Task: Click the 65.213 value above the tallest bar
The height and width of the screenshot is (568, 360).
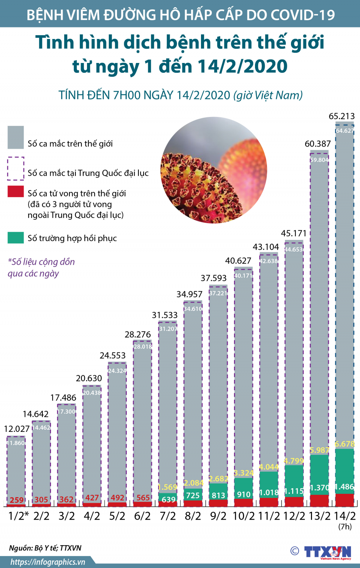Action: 341,116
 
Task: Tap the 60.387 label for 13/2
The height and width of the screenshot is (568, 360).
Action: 318,144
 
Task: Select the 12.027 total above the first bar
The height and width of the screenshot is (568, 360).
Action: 16,429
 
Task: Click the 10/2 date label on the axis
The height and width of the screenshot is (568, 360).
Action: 243,516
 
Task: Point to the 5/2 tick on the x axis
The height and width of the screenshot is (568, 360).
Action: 117,516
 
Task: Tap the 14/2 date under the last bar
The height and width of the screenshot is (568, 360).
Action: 345,516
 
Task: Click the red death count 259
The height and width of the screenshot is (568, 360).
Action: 16,500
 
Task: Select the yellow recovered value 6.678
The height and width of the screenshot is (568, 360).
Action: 345,444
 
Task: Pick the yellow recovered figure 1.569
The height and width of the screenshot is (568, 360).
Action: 167,487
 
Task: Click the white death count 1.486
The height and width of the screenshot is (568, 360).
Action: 345,487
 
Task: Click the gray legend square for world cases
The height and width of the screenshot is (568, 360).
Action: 16,137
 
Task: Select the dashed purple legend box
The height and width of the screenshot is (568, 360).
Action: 16,168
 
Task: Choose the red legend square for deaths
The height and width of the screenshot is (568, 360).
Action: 16,192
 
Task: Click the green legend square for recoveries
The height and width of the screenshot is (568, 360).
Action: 16,238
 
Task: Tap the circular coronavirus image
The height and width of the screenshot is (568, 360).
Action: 214,170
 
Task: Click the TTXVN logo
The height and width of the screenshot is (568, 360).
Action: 327,552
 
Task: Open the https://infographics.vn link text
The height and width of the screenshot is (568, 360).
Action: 48,562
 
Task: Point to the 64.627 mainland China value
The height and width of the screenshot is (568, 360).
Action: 345,131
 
